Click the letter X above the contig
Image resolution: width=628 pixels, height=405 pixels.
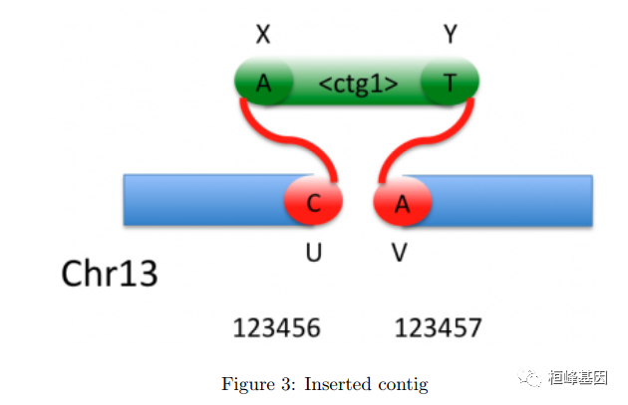(x=263, y=35)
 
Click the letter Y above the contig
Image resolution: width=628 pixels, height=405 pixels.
(x=450, y=35)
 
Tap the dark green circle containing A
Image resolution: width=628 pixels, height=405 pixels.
(x=263, y=84)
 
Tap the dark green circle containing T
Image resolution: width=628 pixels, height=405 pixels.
(x=450, y=84)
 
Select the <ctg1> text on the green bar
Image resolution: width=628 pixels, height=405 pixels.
(x=358, y=84)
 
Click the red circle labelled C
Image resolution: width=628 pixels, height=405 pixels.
(x=313, y=204)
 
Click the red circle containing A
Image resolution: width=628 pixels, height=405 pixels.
(x=402, y=204)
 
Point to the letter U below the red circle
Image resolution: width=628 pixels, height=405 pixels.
(x=313, y=254)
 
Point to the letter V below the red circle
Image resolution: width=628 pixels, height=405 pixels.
(x=400, y=254)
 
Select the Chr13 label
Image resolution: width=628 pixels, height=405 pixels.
(x=110, y=273)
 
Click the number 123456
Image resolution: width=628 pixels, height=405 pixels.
(x=276, y=327)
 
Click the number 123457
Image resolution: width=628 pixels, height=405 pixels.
(x=439, y=327)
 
